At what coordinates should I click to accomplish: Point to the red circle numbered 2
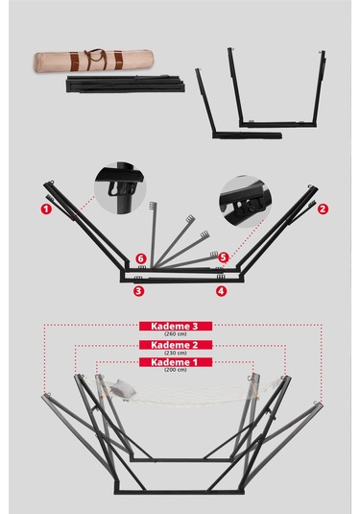tap(323, 208)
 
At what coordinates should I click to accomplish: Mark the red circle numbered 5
tap(223, 257)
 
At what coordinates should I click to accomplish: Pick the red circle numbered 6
tap(139, 257)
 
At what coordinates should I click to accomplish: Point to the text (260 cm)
tap(176, 334)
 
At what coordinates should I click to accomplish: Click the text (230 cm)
tap(176, 353)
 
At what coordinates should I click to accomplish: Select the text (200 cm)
tap(176, 370)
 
